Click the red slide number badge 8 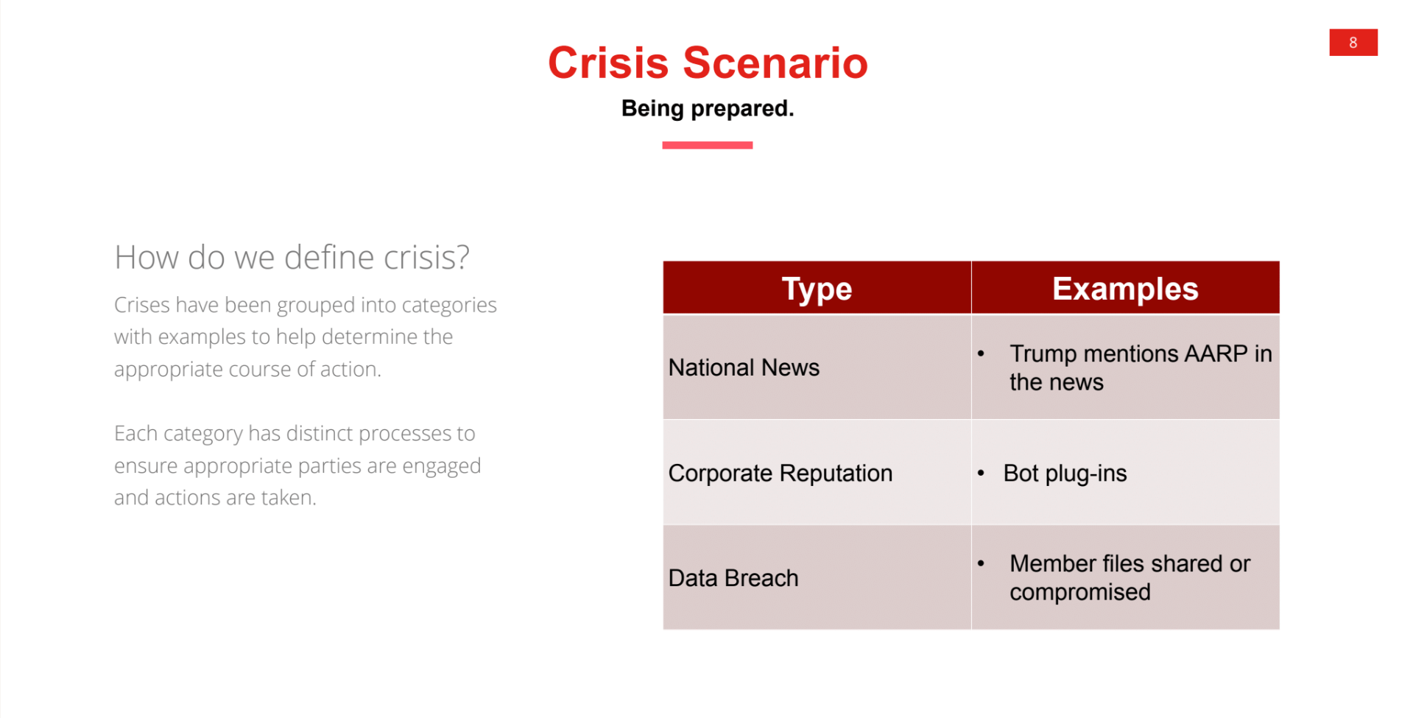1353,43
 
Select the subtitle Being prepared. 707,108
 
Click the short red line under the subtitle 707,145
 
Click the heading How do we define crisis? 292,258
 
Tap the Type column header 817,289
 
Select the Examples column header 1124,289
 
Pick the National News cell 744,367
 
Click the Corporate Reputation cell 780,473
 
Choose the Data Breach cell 733,578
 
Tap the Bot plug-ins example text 1065,473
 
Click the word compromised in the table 1079,592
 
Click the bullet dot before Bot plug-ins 981,473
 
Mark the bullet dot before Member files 981,563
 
